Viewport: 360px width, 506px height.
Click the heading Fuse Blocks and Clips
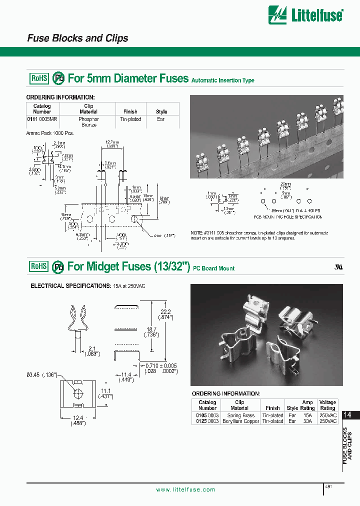[x=77, y=38]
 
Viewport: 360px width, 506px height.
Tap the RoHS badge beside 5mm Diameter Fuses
[x=39, y=78]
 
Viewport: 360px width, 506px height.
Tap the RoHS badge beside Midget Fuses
[x=39, y=266]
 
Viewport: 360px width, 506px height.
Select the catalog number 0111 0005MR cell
[x=42, y=119]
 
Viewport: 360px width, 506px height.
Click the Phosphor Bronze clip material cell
[x=88, y=122]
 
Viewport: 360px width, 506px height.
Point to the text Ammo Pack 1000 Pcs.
[x=49, y=133]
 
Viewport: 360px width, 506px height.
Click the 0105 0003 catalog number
[x=207, y=415]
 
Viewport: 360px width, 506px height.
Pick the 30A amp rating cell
[x=307, y=421]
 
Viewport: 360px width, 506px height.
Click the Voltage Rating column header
[x=327, y=405]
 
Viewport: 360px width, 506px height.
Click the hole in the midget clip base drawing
[x=77, y=393]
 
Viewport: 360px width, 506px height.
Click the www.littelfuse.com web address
[x=185, y=489]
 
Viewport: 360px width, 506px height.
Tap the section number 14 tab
[x=348, y=415]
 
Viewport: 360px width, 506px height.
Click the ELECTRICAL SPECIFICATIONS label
[x=64, y=286]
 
